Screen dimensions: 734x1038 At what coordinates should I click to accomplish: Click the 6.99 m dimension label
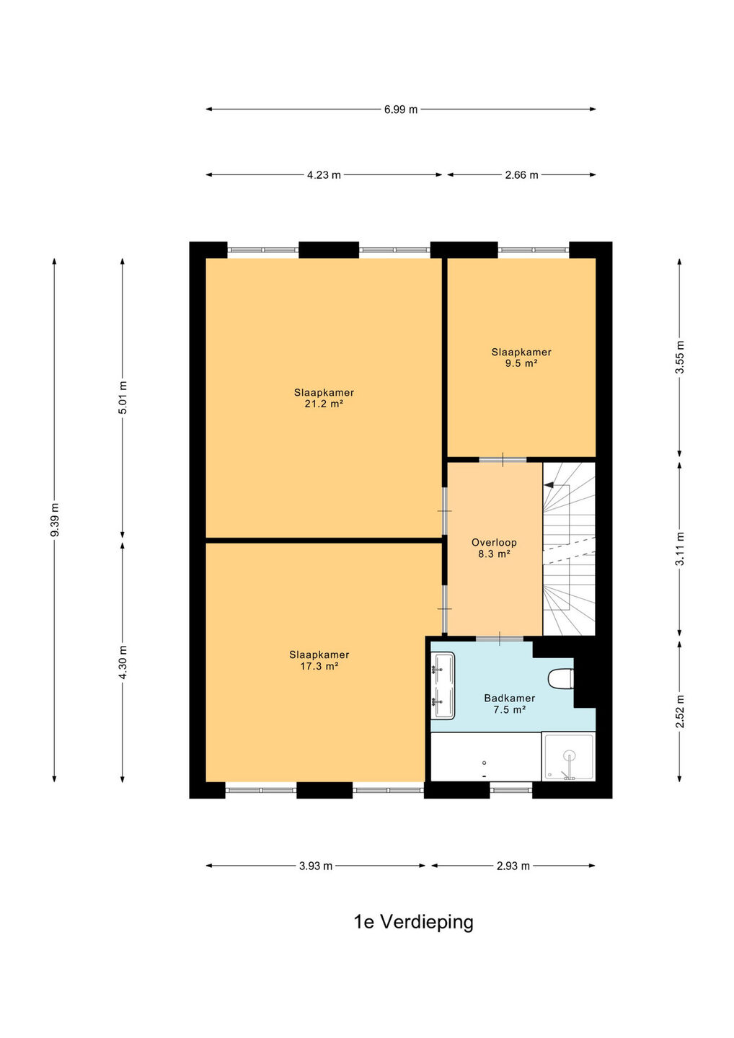(400, 110)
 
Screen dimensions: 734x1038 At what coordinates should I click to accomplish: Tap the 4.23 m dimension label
(324, 175)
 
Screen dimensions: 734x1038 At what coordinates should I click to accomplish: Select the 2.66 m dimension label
(521, 175)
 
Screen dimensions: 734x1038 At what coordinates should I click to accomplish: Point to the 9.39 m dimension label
(55, 520)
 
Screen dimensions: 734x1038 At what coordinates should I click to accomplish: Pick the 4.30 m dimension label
(123, 662)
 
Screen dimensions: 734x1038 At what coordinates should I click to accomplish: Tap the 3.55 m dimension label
(679, 358)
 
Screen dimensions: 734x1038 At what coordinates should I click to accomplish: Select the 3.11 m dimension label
(679, 549)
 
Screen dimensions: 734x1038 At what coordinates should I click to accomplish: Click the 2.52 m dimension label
(679, 711)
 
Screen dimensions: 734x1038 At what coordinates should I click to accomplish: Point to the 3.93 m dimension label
(316, 866)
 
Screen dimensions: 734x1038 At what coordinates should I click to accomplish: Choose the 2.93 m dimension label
(513, 866)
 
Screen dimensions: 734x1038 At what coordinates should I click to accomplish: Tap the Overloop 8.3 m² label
(494, 548)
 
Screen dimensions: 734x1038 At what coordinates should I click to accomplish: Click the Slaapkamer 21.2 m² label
(324, 398)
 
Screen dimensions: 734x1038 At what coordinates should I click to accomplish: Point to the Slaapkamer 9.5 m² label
(521, 358)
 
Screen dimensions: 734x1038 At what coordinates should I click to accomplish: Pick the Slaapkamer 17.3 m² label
(319, 660)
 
